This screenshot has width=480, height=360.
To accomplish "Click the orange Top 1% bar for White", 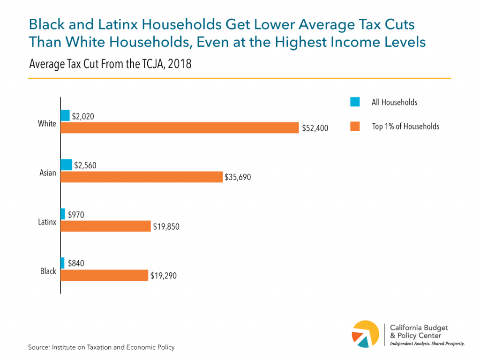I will [x=180, y=127].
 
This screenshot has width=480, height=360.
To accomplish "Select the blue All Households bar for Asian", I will [x=66, y=165].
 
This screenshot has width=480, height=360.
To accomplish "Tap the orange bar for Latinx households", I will [x=105, y=226].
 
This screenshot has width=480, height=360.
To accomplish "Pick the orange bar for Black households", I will [x=104, y=275].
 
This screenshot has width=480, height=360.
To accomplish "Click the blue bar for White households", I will [x=65, y=115].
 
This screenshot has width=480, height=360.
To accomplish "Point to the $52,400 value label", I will [x=315, y=128].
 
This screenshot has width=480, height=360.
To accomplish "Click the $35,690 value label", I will [x=239, y=177].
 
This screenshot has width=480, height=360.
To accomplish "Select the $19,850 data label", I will [x=166, y=227].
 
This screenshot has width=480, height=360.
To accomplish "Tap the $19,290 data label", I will [x=164, y=276].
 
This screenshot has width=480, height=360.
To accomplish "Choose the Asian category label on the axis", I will [x=47, y=172].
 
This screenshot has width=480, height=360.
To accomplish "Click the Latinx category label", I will [x=47, y=222].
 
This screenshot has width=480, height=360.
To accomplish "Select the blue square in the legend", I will [x=354, y=102].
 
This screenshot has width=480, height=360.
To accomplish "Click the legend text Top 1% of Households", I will [x=405, y=126].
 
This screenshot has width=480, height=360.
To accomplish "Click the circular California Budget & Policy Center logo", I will [x=366, y=334].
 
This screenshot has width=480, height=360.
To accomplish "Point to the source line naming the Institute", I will [x=101, y=347].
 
